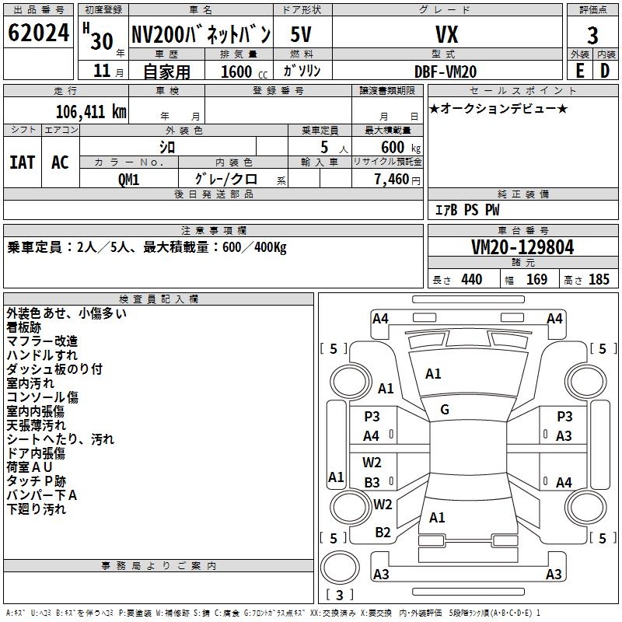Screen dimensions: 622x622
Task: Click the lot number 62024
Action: (38, 33)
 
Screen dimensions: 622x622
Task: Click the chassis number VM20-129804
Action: (522, 247)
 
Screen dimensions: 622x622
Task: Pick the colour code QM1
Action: (128, 179)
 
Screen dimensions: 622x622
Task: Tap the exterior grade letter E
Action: (579, 71)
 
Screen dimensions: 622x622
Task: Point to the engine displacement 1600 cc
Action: (236, 72)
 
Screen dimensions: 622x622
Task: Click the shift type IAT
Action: (22, 162)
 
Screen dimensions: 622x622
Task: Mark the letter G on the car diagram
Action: (445, 409)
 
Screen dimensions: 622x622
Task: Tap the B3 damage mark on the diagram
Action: (372, 482)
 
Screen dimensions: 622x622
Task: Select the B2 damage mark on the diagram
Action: (383, 532)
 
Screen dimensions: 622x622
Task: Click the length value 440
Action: (471, 279)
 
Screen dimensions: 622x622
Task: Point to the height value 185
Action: (599, 279)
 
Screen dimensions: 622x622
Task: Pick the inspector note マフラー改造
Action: (42, 341)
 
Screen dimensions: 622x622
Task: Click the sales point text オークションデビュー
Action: (498, 108)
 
